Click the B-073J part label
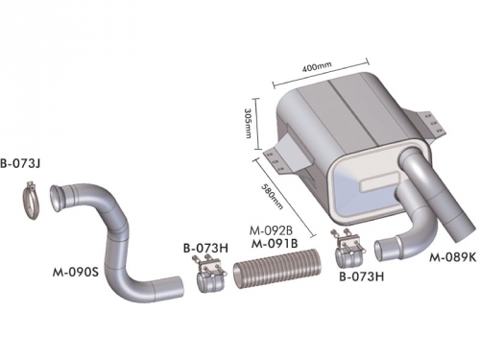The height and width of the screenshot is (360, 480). coord(20,164)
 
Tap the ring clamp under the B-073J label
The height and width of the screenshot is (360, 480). coord(31,201)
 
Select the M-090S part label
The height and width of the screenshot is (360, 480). coord(76,273)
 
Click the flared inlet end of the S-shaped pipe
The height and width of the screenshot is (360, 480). coord(56,198)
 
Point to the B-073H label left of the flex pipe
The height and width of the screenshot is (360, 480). coord(205,248)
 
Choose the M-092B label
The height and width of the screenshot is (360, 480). coord(271,230)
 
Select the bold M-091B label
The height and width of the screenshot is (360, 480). coord(275,243)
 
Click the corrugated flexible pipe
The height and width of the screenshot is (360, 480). coord(276,269)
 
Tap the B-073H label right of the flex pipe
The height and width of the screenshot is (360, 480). coord(361,276)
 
